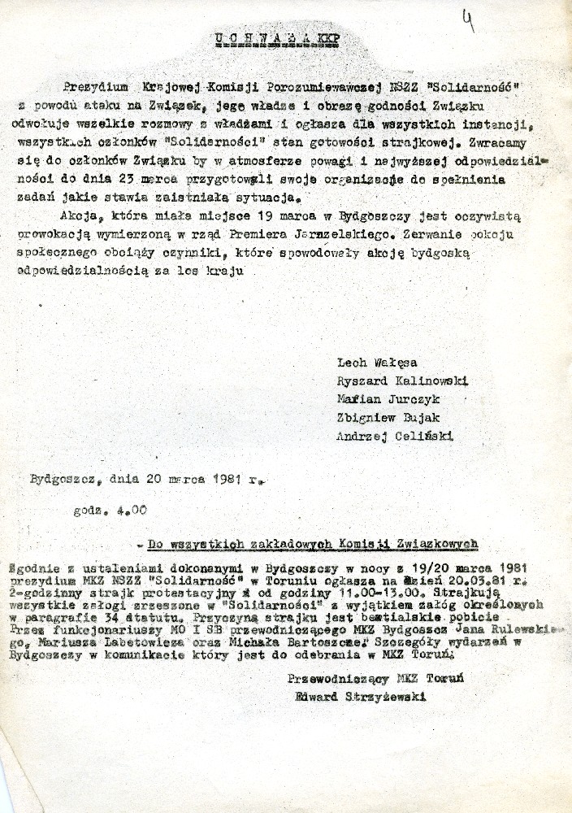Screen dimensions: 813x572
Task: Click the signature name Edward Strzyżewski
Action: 362,696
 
